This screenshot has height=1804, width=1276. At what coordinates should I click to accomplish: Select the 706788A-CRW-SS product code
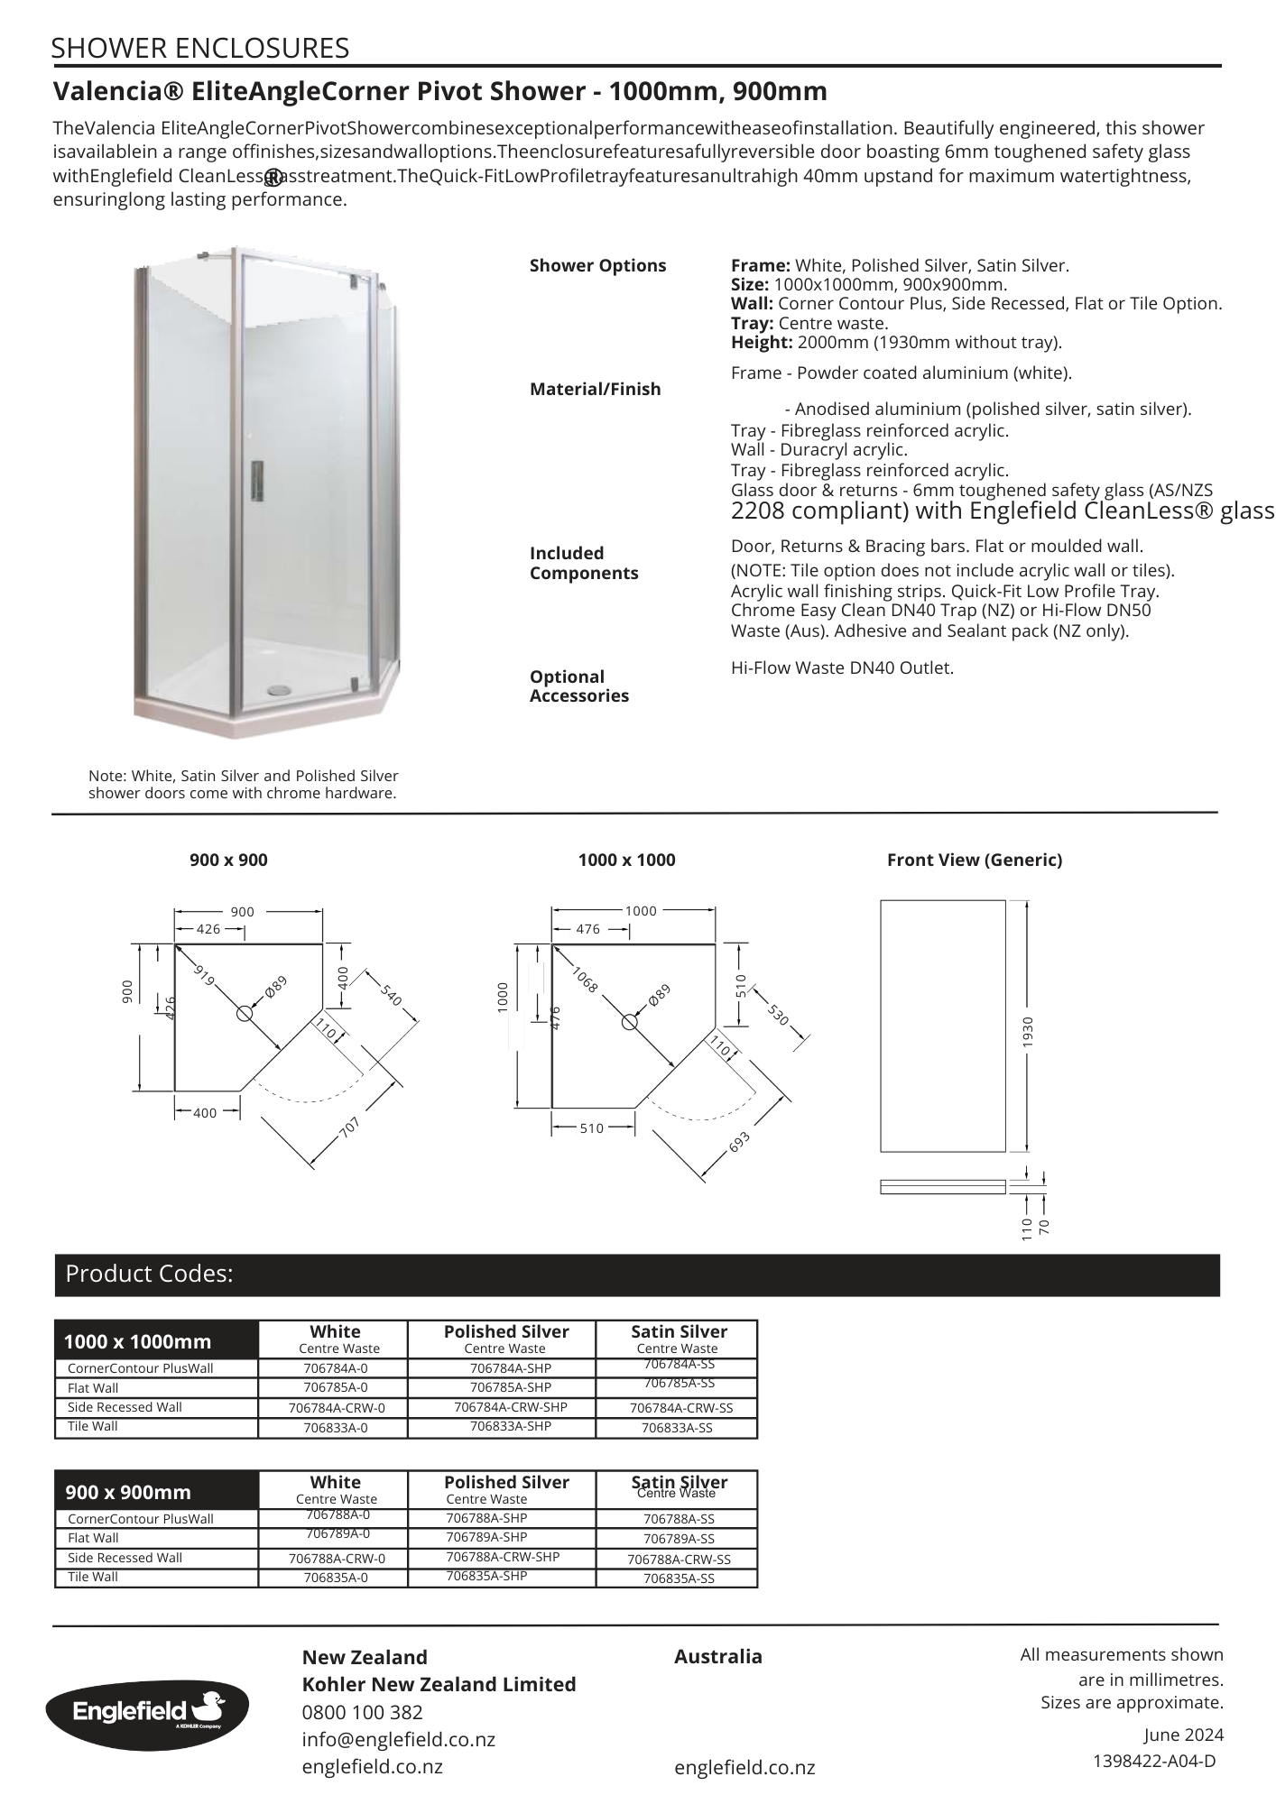(679, 1559)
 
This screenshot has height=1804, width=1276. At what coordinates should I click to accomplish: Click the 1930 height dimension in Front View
(1028, 1031)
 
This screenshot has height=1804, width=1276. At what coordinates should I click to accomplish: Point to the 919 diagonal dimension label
(205, 975)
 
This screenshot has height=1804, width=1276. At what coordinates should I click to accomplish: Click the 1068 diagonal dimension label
(585, 980)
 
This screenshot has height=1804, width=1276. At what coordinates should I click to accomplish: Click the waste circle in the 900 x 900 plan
(245, 1013)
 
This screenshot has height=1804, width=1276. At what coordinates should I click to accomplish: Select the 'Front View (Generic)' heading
(974, 860)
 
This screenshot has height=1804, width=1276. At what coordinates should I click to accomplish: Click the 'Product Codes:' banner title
(149, 1274)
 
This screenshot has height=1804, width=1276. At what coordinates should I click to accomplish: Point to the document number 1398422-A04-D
(1154, 1761)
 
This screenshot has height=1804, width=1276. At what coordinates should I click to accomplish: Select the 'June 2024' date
(1183, 1735)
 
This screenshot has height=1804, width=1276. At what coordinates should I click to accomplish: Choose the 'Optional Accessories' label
(578, 686)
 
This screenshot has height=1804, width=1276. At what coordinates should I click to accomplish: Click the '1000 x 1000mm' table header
(137, 1341)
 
